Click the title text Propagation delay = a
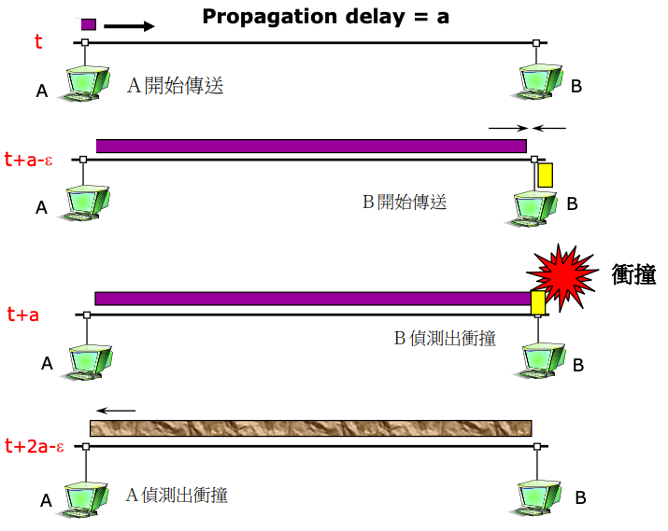[x=326, y=17]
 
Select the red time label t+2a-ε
[x=34, y=446]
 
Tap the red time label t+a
[x=22, y=314]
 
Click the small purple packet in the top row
[x=88, y=24]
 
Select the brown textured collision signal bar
[x=310, y=427]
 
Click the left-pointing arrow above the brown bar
[x=117, y=410]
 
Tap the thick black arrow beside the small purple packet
[x=129, y=26]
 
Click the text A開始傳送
[x=175, y=87]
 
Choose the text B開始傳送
[x=405, y=202]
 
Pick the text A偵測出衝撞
[x=177, y=495]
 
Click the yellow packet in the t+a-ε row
[x=545, y=175]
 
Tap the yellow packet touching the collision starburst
[x=537, y=302]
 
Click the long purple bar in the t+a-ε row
[x=311, y=146]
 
